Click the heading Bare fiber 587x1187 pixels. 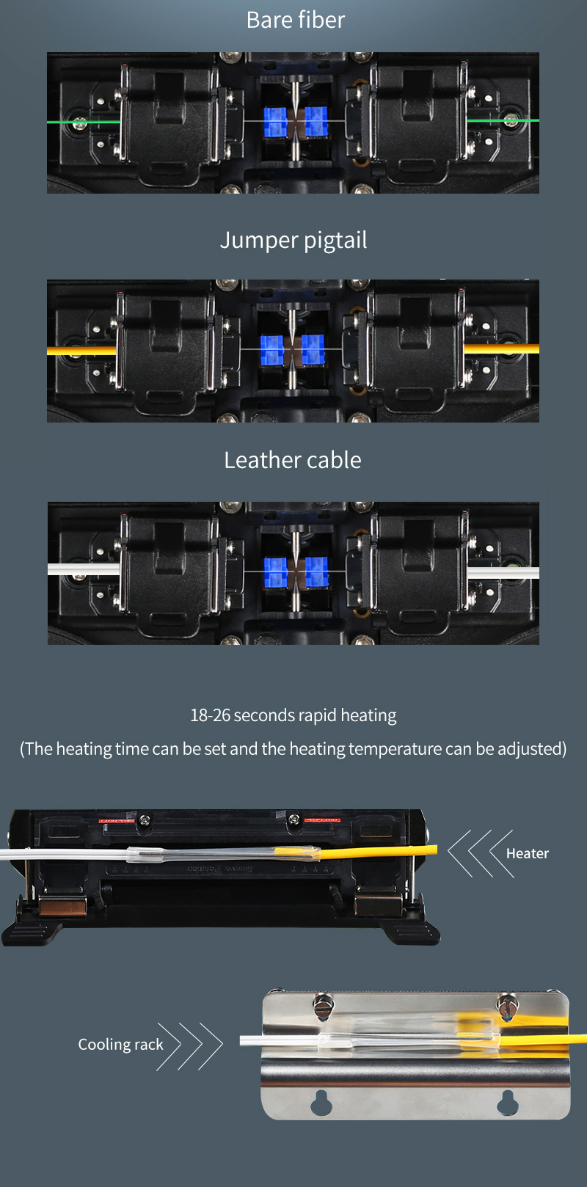point(295,20)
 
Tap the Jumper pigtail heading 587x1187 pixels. point(293,241)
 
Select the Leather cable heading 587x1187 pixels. point(293,460)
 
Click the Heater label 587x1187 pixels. point(527,853)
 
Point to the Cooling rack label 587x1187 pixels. point(121,1044)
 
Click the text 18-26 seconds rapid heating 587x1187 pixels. point(293,715)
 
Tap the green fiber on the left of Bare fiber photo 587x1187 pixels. point(84,122)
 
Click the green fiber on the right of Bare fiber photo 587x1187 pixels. point(503,121)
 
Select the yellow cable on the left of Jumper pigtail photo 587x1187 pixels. point(81,351)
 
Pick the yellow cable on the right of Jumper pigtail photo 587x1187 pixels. point(502,348)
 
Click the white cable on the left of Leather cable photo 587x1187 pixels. point(84,569)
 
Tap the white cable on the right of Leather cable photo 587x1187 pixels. point(503,573)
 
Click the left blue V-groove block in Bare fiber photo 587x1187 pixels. point(275,122)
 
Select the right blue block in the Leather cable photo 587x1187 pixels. point(316,572)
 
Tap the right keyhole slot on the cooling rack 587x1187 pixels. point(508,1102)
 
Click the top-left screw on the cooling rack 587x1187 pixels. point(324,1005)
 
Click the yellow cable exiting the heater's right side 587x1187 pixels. point(379,852)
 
